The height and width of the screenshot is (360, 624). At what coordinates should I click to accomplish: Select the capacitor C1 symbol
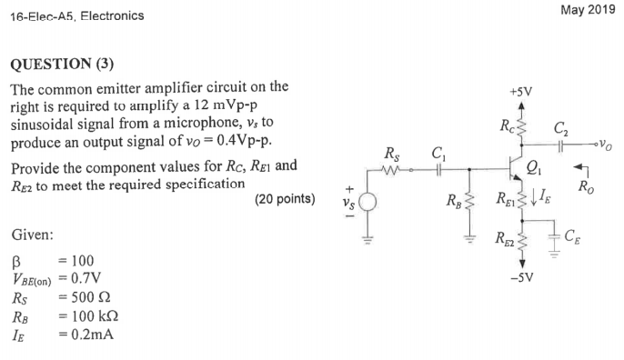coord(439,167)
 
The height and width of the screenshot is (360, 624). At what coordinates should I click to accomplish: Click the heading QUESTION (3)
coord(63,65)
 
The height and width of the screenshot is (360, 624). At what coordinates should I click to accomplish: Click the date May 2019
coord(589,10)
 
